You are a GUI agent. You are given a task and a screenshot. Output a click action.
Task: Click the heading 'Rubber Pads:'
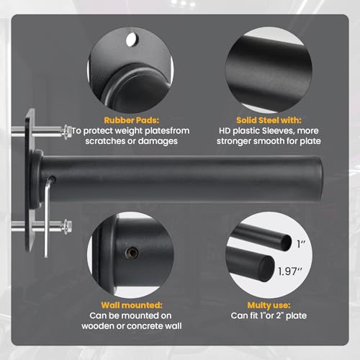click(x=131, y=120)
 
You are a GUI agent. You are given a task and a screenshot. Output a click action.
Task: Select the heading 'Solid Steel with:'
click(x=269, y=120)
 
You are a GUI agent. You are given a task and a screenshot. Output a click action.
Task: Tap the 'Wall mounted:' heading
click(x=132, y=305)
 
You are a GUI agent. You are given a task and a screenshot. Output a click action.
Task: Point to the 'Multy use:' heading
click(x=269, y=305)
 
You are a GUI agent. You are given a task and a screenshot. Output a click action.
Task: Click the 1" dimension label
click(x=301, y=244)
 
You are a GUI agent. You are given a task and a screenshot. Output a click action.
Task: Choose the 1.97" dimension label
click(x=290, y=271)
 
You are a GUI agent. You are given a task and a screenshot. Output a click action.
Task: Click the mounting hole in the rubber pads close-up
click(x=131, y=39)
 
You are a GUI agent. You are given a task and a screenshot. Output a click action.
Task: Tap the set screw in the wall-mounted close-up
click(x=132, y=253)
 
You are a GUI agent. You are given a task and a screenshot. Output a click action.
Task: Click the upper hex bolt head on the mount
click(x=68, y=132)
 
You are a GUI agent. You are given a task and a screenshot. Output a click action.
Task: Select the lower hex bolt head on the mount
click(x=68, y=226)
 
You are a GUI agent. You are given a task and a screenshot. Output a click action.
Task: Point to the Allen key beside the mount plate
click(x=48, y=216)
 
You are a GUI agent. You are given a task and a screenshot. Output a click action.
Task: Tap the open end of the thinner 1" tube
click(x=287, y=243)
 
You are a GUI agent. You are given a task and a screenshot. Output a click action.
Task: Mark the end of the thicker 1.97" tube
click(x=266, y=269)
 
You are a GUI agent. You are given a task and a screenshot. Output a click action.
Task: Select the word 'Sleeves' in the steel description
click(x=278, y=131)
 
